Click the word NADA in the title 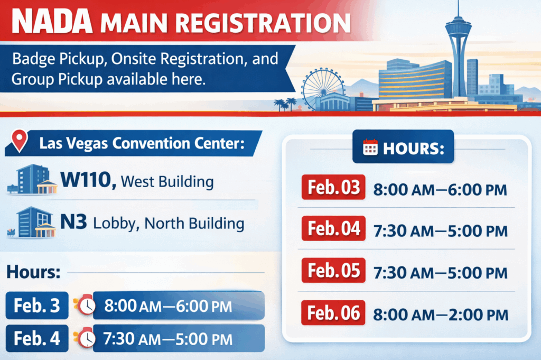(x=52, y=21)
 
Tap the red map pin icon (x=20, y=140)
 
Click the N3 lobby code (x=73, y=221)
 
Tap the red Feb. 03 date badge (x=333, y=187)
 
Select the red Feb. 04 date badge (x=333, y=228)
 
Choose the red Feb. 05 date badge (x=333, y=270)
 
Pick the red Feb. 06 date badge (x=333, y=312)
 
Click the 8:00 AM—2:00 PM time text (x=441, y=315)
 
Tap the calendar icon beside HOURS (x=370, y=147)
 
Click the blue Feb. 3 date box (x=37, y=306)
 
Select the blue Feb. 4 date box (x=37, y=338)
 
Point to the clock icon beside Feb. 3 (x=85, y=304)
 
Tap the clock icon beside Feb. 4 (x=85, y=337)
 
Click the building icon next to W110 (x=33, y=179)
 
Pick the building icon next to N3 (x=32, y=222)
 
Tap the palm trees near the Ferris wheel (x=286, y=104)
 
